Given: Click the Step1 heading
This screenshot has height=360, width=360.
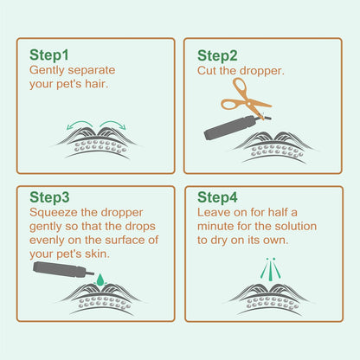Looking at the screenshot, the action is pyautogui.click(x=49, y=55).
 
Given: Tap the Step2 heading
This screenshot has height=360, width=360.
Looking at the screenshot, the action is pyautogui.click(x=217, y=55).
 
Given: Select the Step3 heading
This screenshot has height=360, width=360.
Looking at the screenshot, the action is pyautogui.click(x=49, y=197).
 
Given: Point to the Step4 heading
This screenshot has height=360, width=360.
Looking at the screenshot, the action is pyautogui.click(x=217, y=197).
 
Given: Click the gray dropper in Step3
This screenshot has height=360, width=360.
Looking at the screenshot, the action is pyautogui.click(x=63, y=269).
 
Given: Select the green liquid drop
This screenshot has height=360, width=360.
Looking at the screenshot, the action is pyautogui.click(x=100, y=280).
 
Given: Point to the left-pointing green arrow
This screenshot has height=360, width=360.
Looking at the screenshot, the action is pyautogui.click(x=80, y=125).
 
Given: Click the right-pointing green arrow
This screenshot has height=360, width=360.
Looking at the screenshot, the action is pyautogui.click(x=113, y=125).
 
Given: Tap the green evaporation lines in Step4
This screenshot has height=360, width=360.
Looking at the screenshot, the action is pyautogui.click(x=270, y=269).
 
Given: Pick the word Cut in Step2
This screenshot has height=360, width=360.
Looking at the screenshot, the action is pyautogui.click(x=207, y=71).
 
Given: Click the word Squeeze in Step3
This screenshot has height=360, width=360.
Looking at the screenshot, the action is pyautogui.click(x=54, y=213).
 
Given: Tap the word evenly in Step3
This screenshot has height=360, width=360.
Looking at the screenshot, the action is pyautogui.click(x=47, y=241).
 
